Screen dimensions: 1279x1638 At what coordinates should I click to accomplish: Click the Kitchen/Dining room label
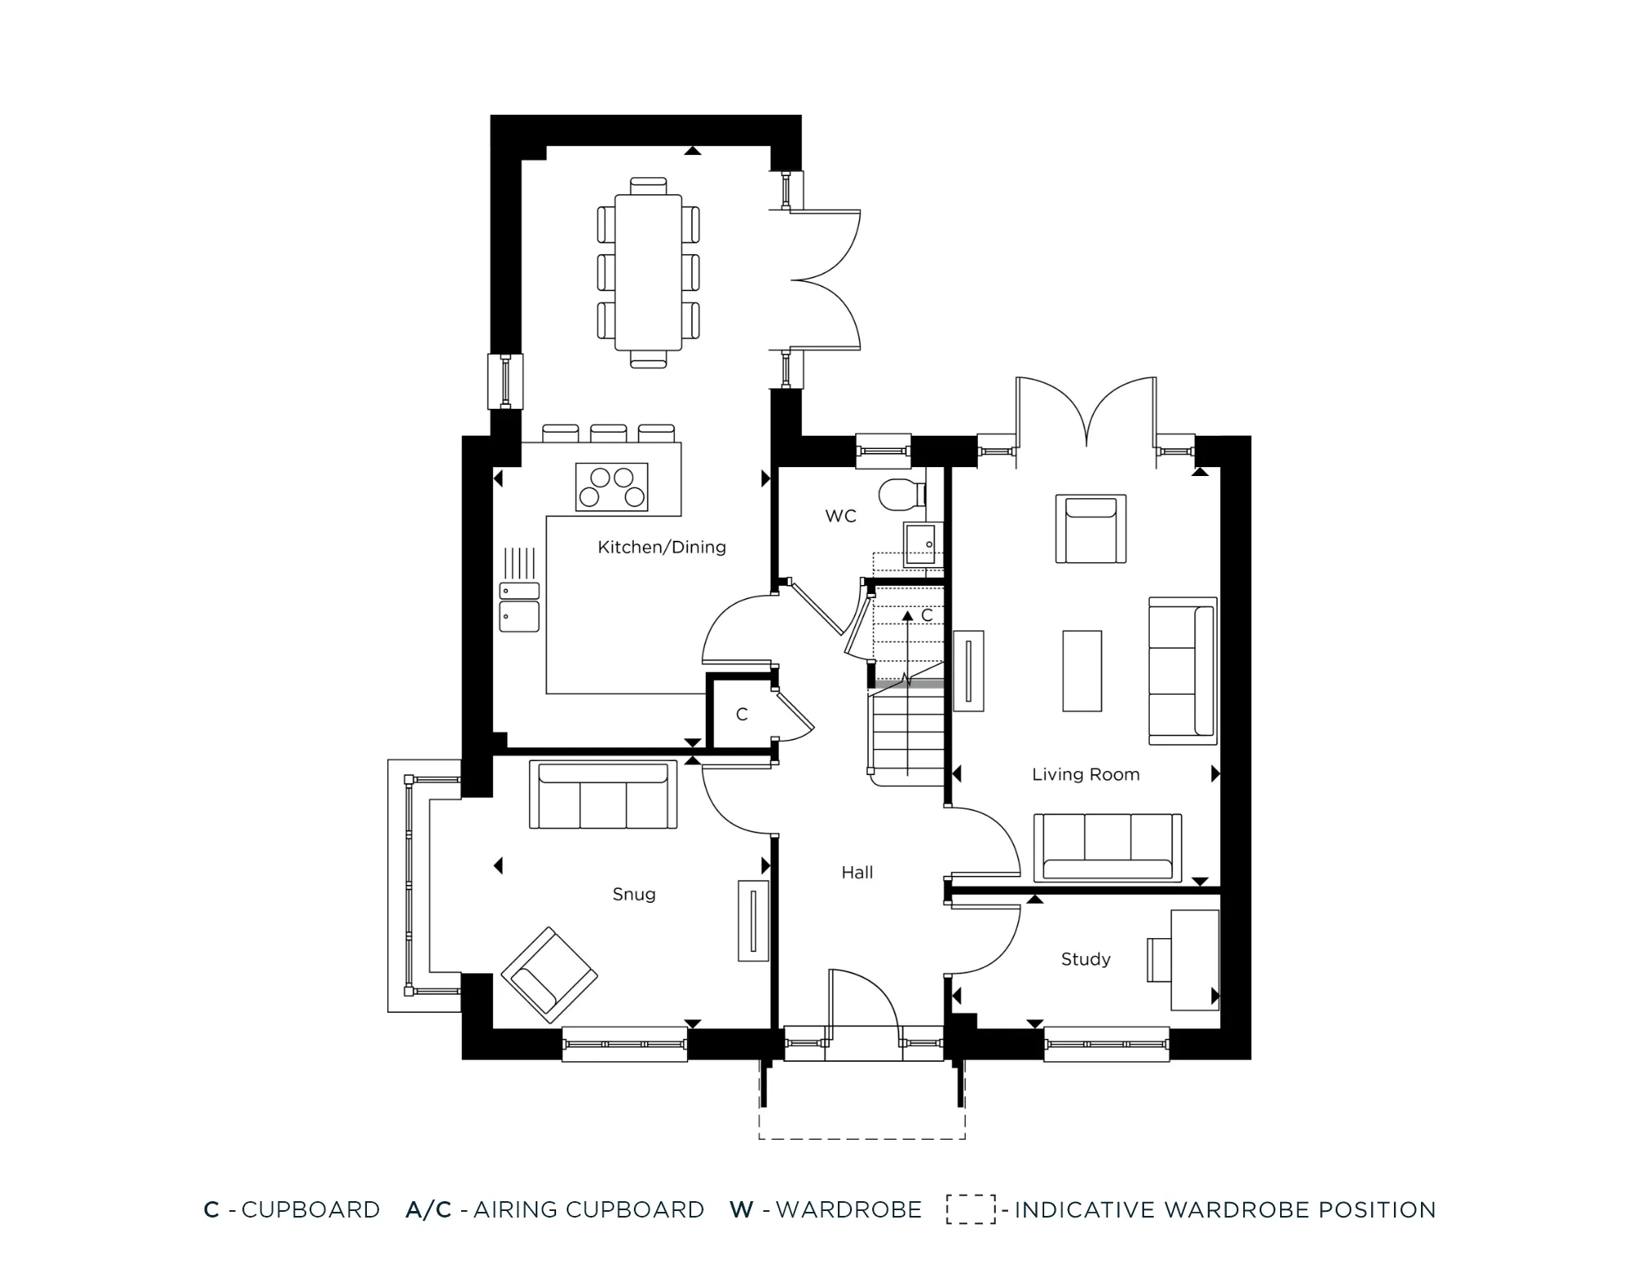(662, 547)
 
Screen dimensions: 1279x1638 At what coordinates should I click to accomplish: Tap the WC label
(840, 516)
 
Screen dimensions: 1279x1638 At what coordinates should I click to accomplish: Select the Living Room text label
(1085, 774)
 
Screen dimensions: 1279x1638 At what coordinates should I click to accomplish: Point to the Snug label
(634, 894)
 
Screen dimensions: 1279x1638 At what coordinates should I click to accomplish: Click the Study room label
(1085, 959)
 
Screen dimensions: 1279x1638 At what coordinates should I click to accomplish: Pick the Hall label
(857, 873)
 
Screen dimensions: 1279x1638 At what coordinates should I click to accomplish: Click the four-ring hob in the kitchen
(612, 487)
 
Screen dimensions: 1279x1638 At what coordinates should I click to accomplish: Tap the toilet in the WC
(900, 494)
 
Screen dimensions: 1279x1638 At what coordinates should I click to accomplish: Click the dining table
(648, 271)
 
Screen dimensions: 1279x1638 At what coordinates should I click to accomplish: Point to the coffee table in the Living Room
(1082, 670)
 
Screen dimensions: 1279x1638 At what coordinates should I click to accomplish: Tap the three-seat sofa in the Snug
(603, 795)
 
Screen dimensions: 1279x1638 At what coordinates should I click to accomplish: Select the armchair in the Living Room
(1090, 529)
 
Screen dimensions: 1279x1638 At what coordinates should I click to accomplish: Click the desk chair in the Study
(1158, 959)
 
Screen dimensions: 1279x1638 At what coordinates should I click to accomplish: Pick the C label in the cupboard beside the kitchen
(742, 714)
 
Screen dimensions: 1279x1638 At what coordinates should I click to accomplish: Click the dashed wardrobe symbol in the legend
(971, 1209)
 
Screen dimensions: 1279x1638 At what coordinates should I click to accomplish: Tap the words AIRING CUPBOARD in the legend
(588, 1209)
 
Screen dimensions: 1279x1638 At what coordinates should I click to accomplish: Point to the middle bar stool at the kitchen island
(609, 433)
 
